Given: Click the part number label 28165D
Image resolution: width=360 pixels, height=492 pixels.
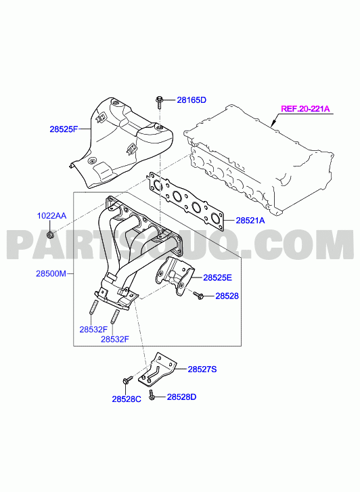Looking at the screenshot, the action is [192, 100].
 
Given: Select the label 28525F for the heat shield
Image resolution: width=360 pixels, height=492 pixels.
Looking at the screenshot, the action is [64, 129].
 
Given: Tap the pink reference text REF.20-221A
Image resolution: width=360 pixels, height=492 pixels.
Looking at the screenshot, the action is [305, 109].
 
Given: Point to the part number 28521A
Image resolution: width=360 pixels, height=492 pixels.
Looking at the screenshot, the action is [250, 221].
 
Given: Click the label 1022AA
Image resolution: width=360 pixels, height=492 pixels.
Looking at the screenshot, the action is [51, 216].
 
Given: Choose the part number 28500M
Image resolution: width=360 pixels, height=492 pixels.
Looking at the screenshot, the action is [51, 273].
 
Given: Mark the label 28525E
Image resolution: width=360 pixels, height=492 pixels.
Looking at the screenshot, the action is [217, 277].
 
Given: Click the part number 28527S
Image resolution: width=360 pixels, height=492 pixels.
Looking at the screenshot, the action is [202, 370].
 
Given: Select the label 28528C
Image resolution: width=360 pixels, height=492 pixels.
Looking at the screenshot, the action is [127, 399].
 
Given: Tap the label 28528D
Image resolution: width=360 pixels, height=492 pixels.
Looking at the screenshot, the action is [181, 397].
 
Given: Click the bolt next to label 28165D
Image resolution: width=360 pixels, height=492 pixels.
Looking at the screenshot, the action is [159, 102].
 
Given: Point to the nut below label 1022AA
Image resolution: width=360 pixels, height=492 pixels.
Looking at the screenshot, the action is [50, 234].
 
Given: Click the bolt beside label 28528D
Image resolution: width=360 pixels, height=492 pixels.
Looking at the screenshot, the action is [152, 395].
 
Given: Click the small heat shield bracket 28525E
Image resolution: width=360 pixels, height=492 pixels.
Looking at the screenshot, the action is [174, 276].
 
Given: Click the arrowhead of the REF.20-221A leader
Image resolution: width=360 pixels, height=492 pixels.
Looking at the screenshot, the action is [272, 125].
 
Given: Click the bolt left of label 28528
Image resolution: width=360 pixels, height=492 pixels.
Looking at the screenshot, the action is [199, 295].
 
